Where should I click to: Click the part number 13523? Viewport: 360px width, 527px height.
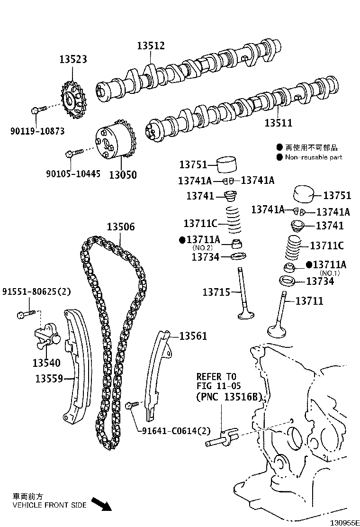(x=73, y=59)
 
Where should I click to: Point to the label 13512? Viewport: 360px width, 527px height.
(x=151, y=45)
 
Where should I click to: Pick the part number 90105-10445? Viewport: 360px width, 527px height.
(x=73, y=174)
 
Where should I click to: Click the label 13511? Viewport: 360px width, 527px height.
(x=279, y=123)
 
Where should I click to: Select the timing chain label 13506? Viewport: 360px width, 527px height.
(x=121, y=227)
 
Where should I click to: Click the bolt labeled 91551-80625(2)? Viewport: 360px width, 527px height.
(x=26, y=314)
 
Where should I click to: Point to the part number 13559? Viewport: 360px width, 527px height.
(x=49, y=379)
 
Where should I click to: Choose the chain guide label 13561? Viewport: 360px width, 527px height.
(x=193, y=336)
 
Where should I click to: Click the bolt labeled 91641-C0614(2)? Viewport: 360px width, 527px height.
(x=132, y=405)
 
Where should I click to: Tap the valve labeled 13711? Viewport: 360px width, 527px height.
(x=279, y=314)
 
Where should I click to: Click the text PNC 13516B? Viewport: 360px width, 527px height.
(x=229, y=397)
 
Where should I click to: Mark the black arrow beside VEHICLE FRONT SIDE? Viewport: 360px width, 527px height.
(x=102, y=504)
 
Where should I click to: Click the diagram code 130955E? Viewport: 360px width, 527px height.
(x=344, y=523)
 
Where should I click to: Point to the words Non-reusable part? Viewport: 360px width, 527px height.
(x=314, y=157)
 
